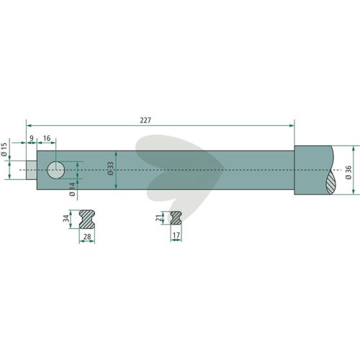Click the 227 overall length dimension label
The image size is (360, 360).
[145, 120]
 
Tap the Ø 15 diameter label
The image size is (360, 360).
[5, 149]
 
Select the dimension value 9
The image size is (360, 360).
[32, 138]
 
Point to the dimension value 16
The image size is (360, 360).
[47, 138]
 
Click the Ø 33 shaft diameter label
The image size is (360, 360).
[110, 168]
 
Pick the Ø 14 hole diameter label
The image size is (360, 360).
[72, 189]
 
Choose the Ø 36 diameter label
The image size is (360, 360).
[348, 172]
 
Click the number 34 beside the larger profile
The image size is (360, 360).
[66, 218]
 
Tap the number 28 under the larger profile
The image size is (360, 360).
[87, 237]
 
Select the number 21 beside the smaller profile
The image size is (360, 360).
[158, 218]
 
